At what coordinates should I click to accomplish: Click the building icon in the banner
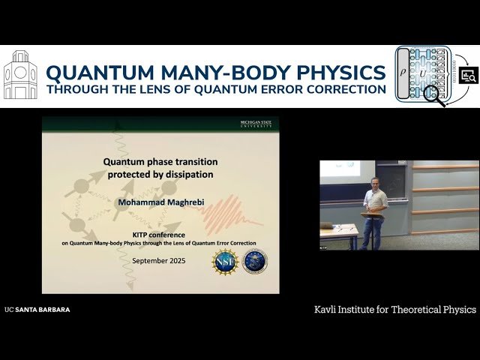coord(20,75)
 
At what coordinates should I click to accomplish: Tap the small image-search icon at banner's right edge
coord(469,76)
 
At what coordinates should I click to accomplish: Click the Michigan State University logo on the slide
coord(258,123)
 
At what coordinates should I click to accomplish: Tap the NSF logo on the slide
coord(226,262)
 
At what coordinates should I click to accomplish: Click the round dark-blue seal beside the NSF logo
coord(255,262)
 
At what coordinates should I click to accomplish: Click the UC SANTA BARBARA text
coord(37,309)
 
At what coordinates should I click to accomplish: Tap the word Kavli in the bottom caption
coord(328,309)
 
